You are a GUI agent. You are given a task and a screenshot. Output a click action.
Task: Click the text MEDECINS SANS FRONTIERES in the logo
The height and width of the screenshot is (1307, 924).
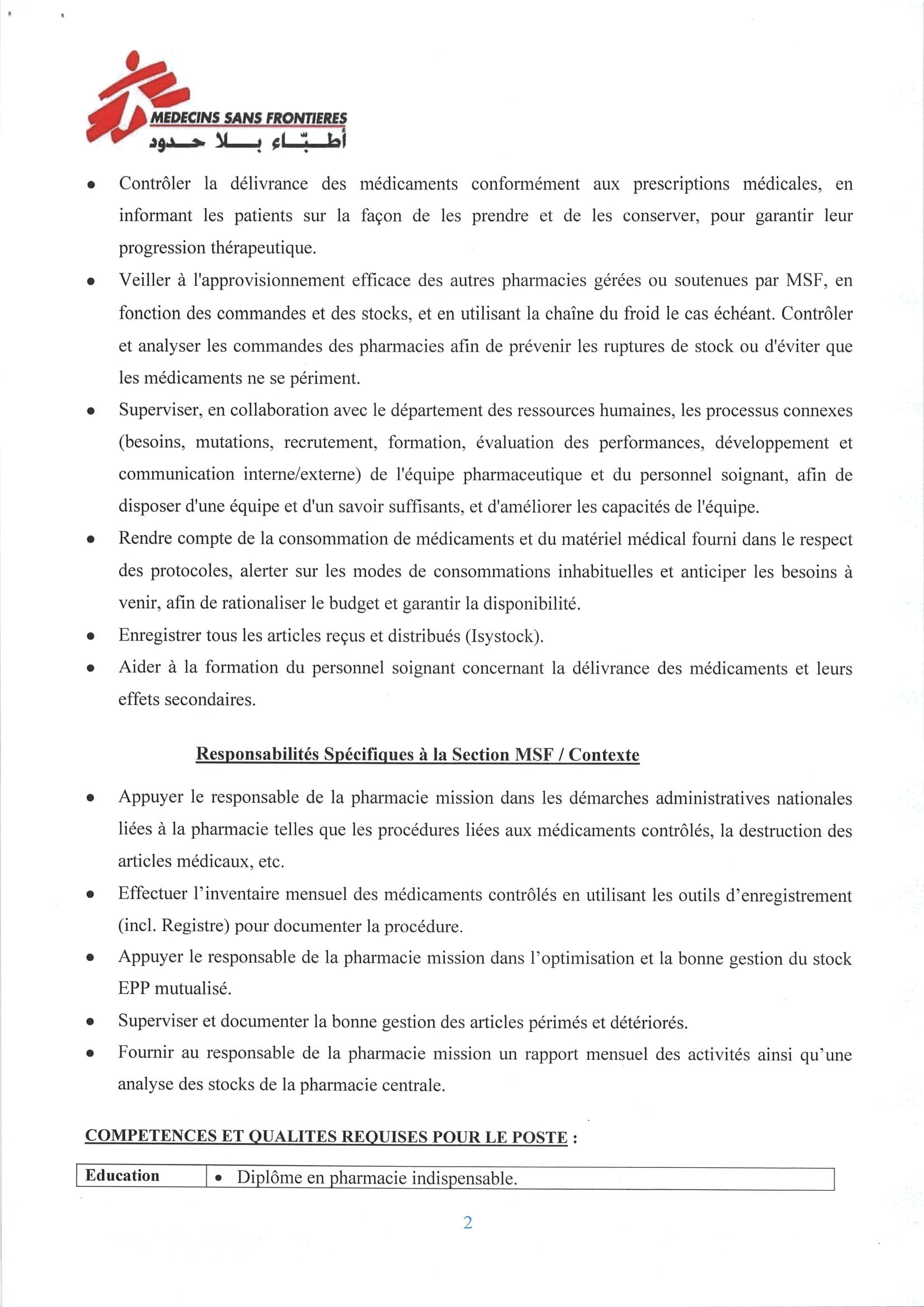pyautogui.click(x=248, y=119)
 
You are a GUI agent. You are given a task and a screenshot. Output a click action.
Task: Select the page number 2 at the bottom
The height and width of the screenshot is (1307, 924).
pyautogui.click(x=467, y=1223)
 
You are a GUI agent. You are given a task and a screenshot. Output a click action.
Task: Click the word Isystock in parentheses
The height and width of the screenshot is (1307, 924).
pyautogui.click(x=501, y=636)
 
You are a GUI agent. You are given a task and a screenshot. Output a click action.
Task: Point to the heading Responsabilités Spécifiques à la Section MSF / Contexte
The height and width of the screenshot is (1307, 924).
pyautogui.click(x=418, y=754)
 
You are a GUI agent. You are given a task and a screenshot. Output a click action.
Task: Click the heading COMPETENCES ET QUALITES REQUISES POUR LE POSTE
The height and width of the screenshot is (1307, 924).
pyautogui.click(x=326, y=1138)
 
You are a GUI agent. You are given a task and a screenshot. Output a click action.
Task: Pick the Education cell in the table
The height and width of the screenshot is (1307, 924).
pyautogui.click(x=122, y=1176)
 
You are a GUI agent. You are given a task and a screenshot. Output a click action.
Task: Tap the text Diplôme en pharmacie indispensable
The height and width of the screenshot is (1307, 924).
pyautogui.click(x=376, y=1178)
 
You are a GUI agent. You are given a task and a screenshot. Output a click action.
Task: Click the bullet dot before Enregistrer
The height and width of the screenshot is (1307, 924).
pyautogui.click(x=90, y=637)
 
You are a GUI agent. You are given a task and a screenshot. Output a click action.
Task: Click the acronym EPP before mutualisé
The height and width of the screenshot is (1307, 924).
pyautogui.click(x=134, y=989)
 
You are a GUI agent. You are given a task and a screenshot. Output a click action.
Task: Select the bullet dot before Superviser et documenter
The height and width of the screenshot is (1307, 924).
pyautogui.click(x=90, y=1022)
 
